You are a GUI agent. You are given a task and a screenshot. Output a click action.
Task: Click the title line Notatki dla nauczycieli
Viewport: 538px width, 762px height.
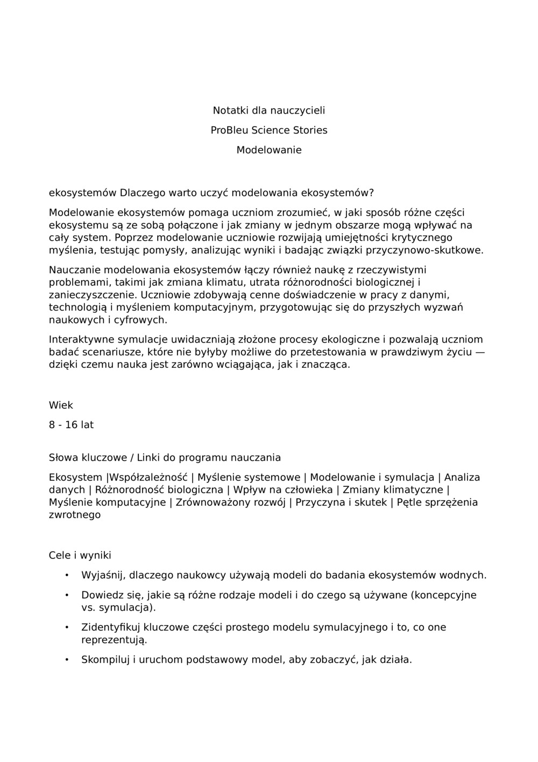tap(268, 110)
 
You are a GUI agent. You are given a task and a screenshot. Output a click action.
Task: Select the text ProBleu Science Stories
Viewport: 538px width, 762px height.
tap(268, 130)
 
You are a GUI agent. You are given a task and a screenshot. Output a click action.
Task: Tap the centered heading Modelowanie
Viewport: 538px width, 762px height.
tap(268, 150)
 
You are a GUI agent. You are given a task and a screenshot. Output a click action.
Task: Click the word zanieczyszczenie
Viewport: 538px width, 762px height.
tap(92, 295)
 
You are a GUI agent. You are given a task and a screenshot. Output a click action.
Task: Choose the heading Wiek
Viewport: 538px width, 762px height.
tap(61, 405)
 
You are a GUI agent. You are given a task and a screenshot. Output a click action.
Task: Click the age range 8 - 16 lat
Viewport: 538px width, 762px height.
tap(71, 425)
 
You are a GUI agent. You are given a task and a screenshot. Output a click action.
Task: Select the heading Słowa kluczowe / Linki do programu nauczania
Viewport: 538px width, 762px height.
tap(165, 458)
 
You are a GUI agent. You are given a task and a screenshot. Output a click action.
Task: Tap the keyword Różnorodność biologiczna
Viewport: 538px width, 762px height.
tap(159, 490)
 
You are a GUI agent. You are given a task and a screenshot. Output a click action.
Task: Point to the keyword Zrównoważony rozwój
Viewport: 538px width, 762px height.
tap(230, 502)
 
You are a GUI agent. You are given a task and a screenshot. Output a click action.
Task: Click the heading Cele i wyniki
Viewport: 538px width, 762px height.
tap(80, 555)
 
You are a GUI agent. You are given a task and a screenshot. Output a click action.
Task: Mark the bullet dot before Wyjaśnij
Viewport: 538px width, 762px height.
tap(67, 575)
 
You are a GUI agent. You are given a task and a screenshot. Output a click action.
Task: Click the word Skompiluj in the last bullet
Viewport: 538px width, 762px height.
tap(105, 660)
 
